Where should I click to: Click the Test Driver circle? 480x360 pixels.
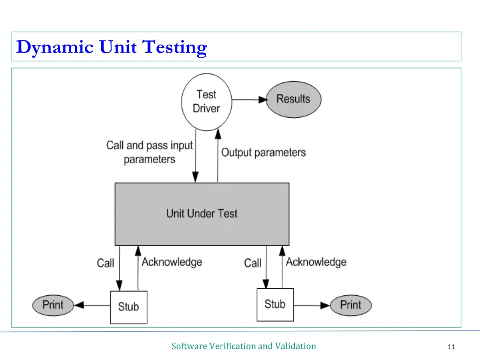(x=207, y=102)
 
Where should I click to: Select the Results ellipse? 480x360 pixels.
(x=293, y=99)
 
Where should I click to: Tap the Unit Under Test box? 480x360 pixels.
(x=202, y=214)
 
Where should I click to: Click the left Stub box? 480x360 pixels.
(x=128, y=307)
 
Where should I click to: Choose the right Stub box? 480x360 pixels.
(x=275, y=304)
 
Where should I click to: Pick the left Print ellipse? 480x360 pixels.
(x=53, y=305)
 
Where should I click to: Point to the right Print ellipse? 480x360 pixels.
(x=351, y=305)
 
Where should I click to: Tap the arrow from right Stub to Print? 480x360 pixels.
(x=312, y=305)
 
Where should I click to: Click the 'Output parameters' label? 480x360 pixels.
(x=263, y=152)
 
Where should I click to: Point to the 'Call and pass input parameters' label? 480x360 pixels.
(x=150, y=152)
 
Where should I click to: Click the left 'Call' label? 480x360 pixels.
(x=105, y=263)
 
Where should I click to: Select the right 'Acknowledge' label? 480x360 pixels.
(x=316, y=262)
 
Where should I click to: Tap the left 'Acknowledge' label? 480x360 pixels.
(x=172, y=262)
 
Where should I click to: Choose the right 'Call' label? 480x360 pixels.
(x=253, y=263)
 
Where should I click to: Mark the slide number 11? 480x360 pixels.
(x=451, y=347)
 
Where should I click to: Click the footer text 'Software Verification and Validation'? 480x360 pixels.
(x=244, y=346)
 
